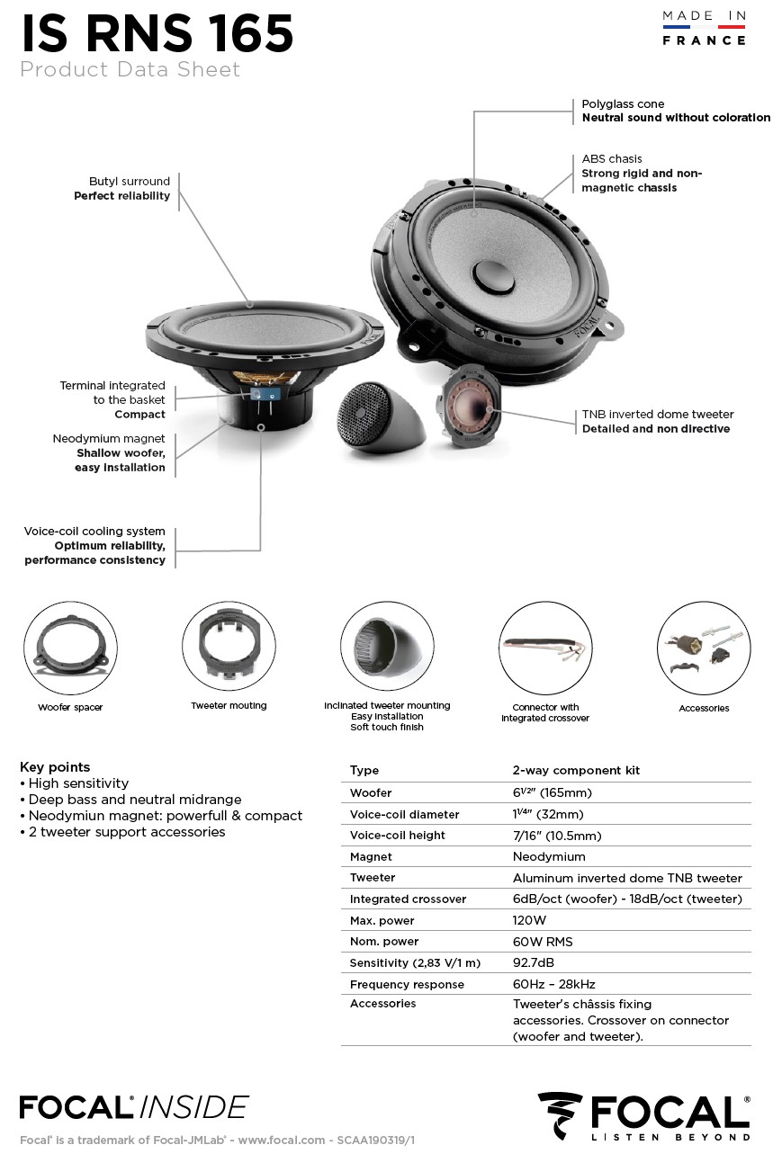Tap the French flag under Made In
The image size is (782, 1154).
(x=704, y=28)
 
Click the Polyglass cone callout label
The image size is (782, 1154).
(x=623, y=104)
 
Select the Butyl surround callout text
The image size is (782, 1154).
(x=129, y=182)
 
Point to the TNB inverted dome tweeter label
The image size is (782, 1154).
(x=657, y=415)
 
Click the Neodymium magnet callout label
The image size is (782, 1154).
(x=109, y=439)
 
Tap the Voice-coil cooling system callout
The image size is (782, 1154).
(x=94, y=532)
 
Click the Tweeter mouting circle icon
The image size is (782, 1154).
(x=229, y=647)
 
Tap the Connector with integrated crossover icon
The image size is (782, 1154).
(x=544, y=648)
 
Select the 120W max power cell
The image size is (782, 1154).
(x=529, y=920)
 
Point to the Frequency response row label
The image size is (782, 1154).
(x=407, y=985)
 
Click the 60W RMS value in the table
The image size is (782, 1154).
(x=543, y=942)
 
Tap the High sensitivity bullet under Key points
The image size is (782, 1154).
(x=78, y=783)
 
